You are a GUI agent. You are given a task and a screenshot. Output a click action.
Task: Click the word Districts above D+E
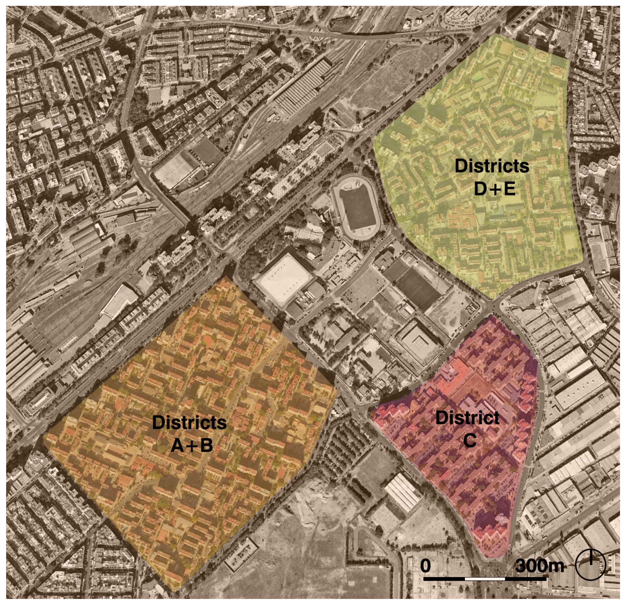(492, 166)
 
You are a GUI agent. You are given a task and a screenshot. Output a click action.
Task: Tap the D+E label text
(494, 189)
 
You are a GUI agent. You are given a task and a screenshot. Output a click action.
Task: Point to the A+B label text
(191, 446)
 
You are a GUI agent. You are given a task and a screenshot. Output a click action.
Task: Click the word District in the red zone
(468, 417)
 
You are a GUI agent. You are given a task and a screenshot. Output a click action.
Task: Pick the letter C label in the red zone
(470, 441)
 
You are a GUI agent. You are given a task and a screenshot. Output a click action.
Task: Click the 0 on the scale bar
(425, 566)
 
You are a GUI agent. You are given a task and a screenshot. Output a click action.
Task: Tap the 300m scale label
(539, 566)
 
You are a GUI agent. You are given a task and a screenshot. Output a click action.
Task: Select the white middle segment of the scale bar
(485, 579)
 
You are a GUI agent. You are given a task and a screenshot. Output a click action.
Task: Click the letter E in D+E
(509, 189)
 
